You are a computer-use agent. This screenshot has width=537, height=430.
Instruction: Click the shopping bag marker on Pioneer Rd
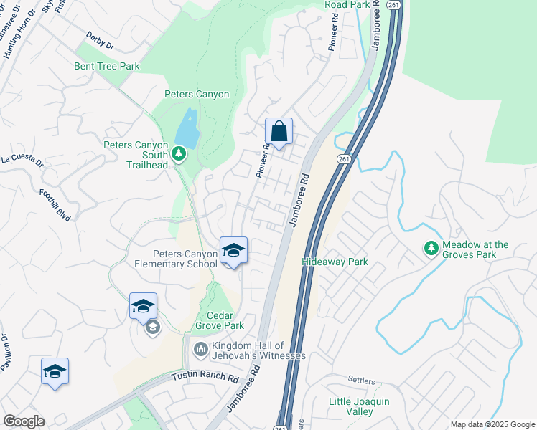tap(279, 132)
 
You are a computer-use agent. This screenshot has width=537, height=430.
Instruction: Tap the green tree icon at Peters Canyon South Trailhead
tap(179, 153)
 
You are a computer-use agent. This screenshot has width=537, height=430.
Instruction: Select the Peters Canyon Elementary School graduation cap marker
tap(233, 251)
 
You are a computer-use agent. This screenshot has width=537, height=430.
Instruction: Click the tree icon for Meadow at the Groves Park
tap(431, 249)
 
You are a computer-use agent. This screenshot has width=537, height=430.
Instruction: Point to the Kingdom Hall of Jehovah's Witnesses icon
tap(201, 350)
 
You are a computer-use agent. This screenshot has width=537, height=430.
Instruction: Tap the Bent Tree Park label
tap(106, 66)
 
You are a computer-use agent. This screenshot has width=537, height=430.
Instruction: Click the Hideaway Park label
tap(335, 262)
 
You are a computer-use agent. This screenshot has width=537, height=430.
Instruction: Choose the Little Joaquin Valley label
tap(359, 406)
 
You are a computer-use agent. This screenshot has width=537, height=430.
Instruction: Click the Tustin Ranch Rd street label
tap(204, 376)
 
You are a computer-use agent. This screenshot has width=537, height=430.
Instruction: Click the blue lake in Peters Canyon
tap(186, 128)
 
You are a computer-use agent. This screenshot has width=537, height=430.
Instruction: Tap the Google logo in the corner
tap(24, 421)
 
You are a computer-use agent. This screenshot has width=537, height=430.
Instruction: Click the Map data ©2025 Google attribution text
tap(492, 424)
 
